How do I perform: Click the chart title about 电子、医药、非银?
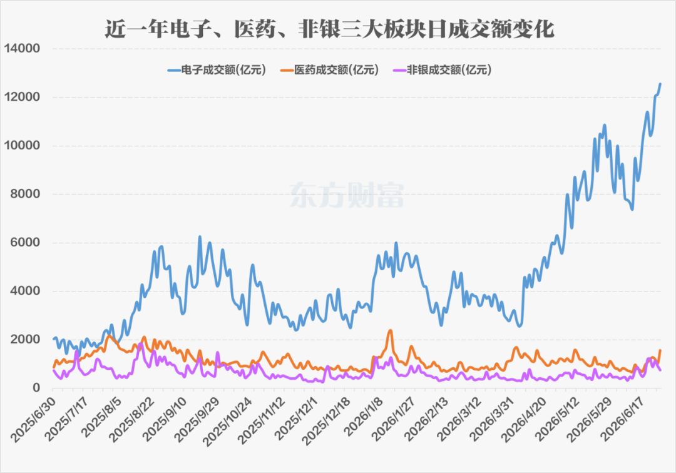[x=329, y=29]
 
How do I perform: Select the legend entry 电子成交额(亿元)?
[x=217, y=70]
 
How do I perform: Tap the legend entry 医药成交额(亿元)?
[x=329, y=70]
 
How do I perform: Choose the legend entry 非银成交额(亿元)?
[x=443, y=70]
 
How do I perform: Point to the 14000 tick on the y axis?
[x=22, y=48]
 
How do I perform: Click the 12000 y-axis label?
[x=22, y=97]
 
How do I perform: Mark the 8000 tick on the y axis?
[x=25, y=194]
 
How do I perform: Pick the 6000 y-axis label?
[x=25, y=243]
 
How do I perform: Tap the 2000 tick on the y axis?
[x=25, y=340]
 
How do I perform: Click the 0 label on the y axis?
[x=37, y=388]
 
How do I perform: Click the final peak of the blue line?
[x=660, y=84]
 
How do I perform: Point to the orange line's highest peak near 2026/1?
[x=390, y=330]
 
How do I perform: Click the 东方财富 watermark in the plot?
[x=347, y=195]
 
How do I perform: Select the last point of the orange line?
[x=660, y=350]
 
